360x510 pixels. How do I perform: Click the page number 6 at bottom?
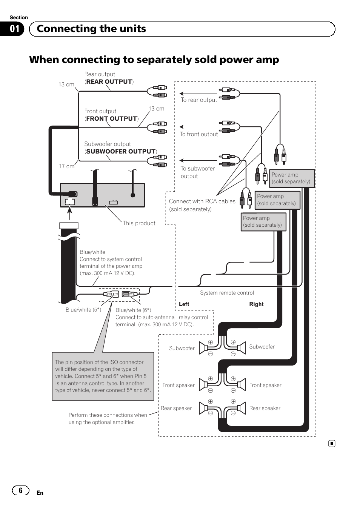coord(20,490)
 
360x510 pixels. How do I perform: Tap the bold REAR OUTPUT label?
coord(109,81)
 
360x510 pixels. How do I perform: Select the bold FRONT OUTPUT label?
coord(111,118)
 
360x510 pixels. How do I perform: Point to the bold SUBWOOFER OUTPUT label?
coord(121,151)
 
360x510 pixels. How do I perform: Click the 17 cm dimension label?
coord(66,166)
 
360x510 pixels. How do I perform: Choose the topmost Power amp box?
coord(291,178)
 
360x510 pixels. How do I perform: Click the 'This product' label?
coord(139,223)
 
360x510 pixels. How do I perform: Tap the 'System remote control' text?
coord(227,293)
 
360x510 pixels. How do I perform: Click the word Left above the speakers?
coord(184,304)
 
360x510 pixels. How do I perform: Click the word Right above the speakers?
coord(256,304)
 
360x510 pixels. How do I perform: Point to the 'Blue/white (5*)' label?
coord(83,310)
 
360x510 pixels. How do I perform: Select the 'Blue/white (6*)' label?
coord(133,310)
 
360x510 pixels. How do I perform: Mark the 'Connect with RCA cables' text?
coord(202,201)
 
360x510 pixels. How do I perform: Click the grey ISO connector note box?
coord(103,376)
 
